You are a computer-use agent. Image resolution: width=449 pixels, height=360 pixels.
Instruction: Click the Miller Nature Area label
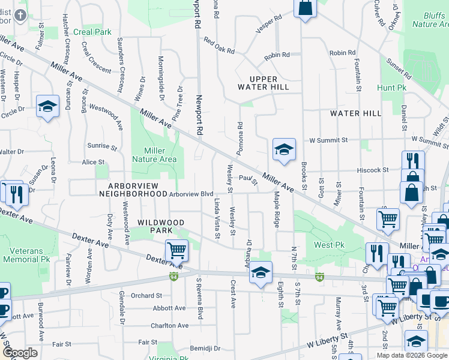[x=160, y=155]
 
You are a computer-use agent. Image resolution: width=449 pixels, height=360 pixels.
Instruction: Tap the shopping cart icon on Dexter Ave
[x=176, y=250]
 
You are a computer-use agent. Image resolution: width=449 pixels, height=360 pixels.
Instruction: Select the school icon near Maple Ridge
[x=284, y=149]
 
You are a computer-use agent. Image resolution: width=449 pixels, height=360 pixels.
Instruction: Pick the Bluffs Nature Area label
[x=430, y=20]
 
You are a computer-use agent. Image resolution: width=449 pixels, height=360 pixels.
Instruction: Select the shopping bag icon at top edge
[x=305, y=8]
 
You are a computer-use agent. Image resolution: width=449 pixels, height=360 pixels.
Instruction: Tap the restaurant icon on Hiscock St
[x=413, y=161]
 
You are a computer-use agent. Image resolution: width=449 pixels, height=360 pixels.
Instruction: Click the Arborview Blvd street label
[x=191, y=194]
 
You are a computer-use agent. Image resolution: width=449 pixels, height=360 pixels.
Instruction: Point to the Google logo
[x=20, y=353]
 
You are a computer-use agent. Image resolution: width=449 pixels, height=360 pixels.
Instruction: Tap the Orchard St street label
[x=146, y=295]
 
